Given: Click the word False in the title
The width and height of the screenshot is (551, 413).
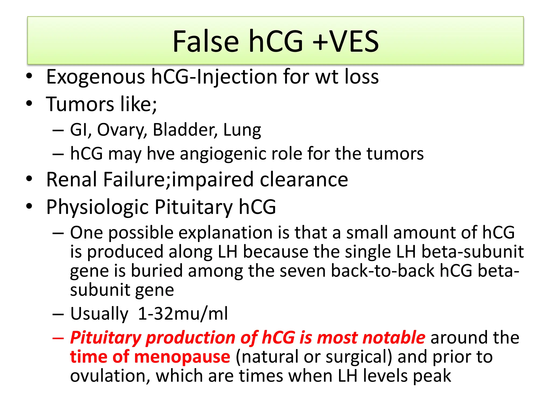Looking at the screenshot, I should (x=206, y=42).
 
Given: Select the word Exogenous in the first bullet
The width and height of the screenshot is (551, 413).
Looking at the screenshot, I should (x=96, y=77).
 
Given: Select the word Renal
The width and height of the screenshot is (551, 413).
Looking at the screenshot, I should (x=72, y=180).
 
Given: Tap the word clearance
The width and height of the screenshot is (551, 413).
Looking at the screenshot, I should (x=304, y=180).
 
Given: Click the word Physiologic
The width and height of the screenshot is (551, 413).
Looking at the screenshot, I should (x=97, y=207).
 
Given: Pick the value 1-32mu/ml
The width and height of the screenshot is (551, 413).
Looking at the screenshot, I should (x=183, y=314).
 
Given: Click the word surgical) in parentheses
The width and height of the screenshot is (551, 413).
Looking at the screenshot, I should (x=359, y=357).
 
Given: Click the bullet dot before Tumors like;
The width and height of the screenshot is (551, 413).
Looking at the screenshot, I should (x=29, y=104).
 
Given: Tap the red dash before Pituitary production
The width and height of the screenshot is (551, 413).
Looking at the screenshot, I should (x=58, y=338).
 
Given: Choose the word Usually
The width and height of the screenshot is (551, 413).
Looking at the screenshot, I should (x=99, y=314).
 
